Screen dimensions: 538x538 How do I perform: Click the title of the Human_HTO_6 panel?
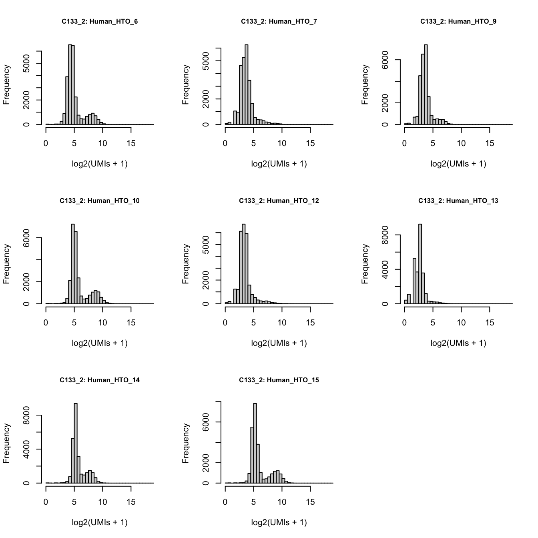click(100, 22)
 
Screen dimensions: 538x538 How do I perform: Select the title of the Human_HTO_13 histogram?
click(458, 201)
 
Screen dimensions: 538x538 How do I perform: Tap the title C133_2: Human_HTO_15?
click(279, 380)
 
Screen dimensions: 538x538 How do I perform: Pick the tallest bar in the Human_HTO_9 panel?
click(426, 84)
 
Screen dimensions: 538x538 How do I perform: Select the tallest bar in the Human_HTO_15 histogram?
click(255, 443)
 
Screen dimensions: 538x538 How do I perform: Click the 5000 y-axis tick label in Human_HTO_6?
click(26, 64)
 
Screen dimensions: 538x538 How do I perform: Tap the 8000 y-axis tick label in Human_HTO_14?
click(26, 415)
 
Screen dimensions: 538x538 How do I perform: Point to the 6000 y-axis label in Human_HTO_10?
click(26, 238)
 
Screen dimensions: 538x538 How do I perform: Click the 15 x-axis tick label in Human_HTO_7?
click(310, 143)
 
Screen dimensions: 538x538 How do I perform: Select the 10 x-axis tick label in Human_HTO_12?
click(282, 323)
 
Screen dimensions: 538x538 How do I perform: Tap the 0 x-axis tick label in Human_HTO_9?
click(404, 143)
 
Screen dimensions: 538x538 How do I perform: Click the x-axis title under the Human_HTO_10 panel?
click(100, 343)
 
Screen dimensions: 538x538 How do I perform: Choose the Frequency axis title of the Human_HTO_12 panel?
click(185, 264)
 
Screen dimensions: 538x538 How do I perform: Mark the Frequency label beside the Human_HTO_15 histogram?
click(185, 444)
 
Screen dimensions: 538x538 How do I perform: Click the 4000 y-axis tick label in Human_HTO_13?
click(385, 269)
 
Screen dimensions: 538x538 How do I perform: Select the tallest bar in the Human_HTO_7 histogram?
click(246, 84)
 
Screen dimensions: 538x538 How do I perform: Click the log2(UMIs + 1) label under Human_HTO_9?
click(458, 164)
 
